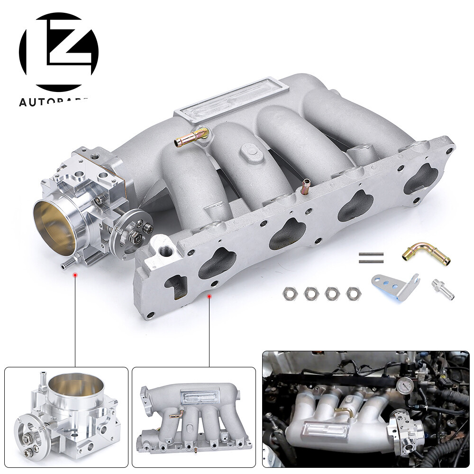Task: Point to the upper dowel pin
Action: point(371,254)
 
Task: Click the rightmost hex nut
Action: point(352,293)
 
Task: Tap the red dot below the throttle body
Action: point(74,274)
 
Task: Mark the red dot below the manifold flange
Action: point(209,296)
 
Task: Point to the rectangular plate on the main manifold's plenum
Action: point(231,99)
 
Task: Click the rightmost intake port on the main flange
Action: point(420,180)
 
